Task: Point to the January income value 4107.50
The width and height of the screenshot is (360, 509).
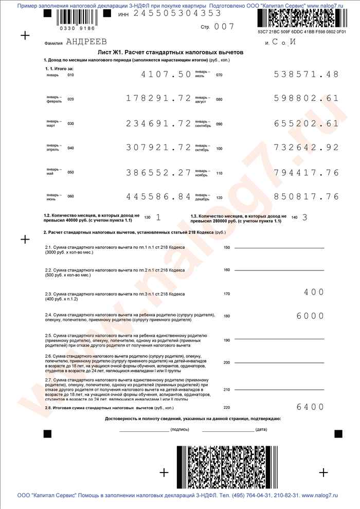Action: pos(166,75)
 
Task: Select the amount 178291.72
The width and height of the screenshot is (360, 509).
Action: pos(158,98)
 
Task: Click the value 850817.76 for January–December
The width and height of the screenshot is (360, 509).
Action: pos(307,196)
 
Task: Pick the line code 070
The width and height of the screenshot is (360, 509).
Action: pos(219,75)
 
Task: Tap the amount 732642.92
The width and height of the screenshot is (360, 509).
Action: pos(307,148)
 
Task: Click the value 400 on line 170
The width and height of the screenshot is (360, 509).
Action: pos(314,292)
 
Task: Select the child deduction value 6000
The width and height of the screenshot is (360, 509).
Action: pos(310,316)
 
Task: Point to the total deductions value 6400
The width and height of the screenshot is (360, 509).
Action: pos(310,407)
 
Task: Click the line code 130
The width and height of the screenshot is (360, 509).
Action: pos(148,217)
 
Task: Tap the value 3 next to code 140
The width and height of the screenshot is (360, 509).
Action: pos(304,217)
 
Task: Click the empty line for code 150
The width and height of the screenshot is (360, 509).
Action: pos(279,248)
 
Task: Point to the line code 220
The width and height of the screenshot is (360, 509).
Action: pos(227,408)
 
